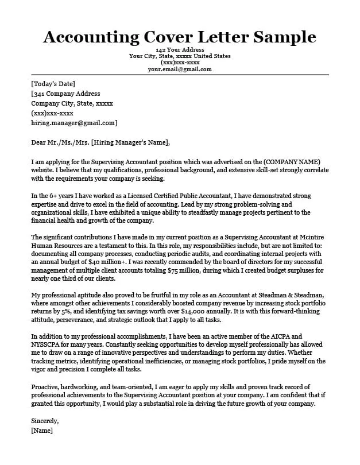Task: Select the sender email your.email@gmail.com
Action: click(180, 69)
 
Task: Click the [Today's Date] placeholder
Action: click(53, 84)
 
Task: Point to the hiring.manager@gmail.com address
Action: click(73, 123)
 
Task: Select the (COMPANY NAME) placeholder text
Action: click(291, 162)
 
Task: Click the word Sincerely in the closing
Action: click(46, 421)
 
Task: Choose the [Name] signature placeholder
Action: click(42, 430)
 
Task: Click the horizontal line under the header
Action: click(180, 75)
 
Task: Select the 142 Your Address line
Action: click(180, 50)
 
